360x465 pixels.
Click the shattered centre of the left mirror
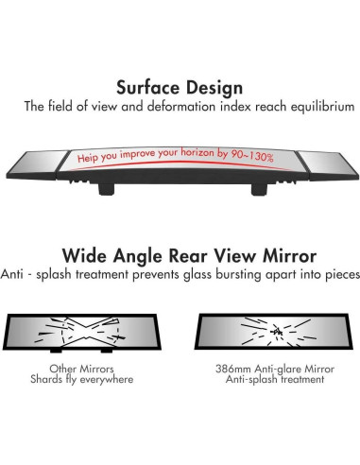[x=88, y=332]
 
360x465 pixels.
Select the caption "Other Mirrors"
[x=82, y=369]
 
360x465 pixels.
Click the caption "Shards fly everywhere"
[x=82, y=381]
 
